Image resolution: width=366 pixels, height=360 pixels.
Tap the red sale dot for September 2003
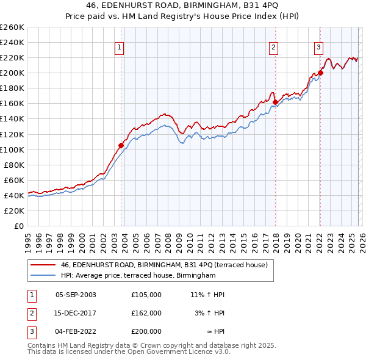(121, 145)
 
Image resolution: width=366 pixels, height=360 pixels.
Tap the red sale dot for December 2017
(275, 102)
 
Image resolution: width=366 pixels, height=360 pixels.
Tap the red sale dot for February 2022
(320, 73)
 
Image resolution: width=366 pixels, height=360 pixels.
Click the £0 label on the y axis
(18, 226)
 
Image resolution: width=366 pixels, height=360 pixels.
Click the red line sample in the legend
(43, 265)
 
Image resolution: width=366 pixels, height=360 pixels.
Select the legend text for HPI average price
(138, 276)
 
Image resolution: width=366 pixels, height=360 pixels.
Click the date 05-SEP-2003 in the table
(76, 295)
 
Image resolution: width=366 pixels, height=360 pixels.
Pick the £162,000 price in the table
(146, 313)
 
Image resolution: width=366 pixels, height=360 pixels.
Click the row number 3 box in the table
(30, 331)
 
